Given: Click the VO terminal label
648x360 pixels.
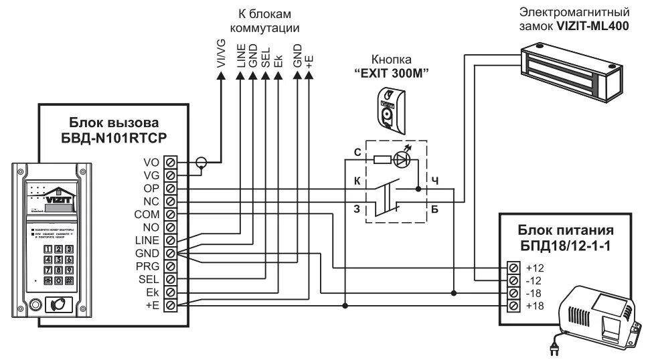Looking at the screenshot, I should coord(150,162).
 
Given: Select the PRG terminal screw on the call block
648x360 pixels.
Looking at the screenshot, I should coord(170,266).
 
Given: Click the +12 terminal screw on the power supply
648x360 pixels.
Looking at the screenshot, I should coord(513,268).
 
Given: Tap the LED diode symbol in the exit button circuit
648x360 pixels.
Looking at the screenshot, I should coord(400,159).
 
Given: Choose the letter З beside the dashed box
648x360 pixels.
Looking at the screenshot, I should coord(357,208).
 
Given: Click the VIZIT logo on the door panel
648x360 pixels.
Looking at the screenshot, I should coord(58,198).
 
